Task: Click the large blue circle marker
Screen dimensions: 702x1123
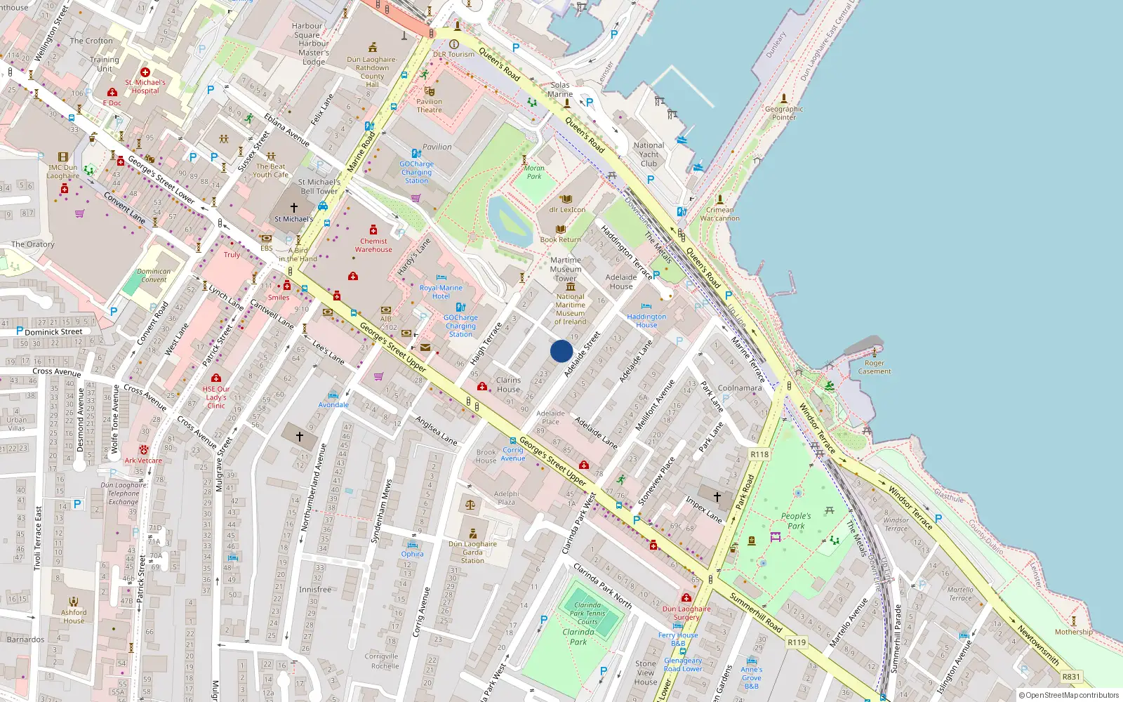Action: (x=561, y=350)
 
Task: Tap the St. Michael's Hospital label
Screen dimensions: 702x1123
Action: (x=145, y=86)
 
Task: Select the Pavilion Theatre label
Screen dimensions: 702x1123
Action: (x=429, y=105)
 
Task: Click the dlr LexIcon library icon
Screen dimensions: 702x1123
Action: (x=566, y=199)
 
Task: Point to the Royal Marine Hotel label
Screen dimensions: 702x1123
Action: (x=441, y=292)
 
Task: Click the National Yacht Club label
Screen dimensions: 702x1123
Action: (x=649, y=154)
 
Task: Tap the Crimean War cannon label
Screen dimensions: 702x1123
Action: (x=719, y=214)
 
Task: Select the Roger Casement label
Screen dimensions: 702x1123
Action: (x=874, y=367)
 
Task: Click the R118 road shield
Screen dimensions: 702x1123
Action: (x=759, y=454)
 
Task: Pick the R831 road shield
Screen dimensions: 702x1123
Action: (x=1071, y=677)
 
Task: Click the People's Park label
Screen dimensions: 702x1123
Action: (x=796, y=520)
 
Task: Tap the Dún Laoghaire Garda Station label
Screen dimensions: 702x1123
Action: (x=472, y=552)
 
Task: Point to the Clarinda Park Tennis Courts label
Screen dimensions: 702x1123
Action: (x=587, y=613)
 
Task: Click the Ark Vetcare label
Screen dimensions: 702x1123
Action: (x=143, y=461)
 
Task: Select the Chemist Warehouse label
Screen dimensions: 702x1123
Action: (x=373, y=245)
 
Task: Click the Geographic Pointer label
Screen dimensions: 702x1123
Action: (x=784, y=112)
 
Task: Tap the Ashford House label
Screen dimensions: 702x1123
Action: (x=74, y=616)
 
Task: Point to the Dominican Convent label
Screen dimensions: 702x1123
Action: (x=154, y=275)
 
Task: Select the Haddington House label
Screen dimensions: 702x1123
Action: (x=646, y=321)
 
